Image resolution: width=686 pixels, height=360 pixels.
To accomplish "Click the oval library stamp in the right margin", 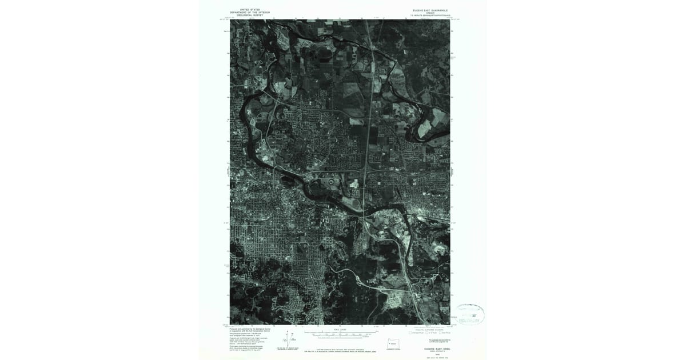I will (x=470, y=314).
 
